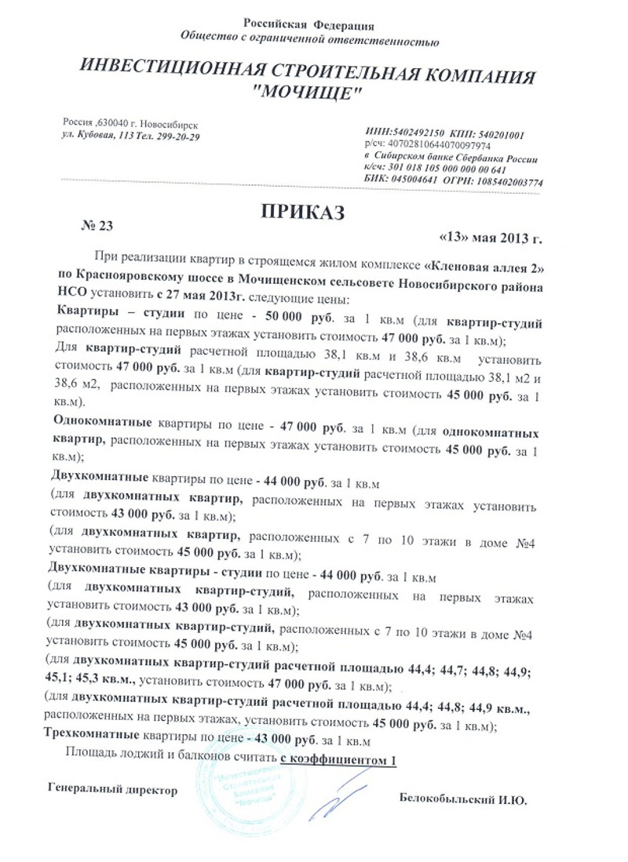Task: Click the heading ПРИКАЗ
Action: pyautogui.click(x=302, y=211)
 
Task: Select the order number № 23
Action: pyautogui.click(x=98, y=226)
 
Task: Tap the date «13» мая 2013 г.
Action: pyautogui.click(x=489, y=237)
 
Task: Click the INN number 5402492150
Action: pyautogui.click(x=422, y=135)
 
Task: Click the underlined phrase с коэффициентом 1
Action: pyautogui.click(x=338, y=759)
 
